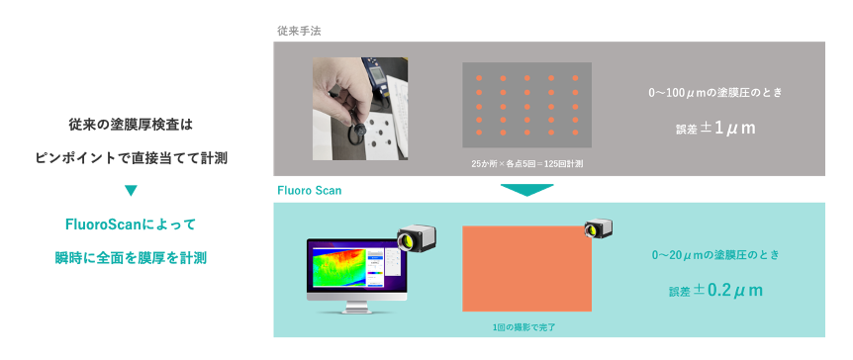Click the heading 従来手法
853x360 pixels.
[299, 31]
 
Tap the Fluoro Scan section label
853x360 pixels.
[310, 191]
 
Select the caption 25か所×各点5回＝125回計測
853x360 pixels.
[527, 163]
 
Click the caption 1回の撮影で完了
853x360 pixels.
[523, 327]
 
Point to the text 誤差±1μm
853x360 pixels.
[715, 129]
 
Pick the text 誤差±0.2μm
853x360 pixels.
[715, 290]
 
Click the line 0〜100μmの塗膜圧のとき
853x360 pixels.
[715, 93]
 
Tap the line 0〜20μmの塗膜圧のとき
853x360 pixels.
[715, 254]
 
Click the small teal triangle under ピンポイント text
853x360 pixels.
[131, 190]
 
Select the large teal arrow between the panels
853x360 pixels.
[526, 190]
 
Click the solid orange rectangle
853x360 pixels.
[527, 269]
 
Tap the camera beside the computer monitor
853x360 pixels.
[417, 235]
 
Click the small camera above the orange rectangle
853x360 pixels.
[599, 227]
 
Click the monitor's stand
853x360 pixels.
[356, 308]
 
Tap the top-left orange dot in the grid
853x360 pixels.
[479, 78]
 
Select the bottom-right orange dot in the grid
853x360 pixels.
[576, 133]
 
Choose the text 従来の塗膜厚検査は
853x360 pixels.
[131, 126]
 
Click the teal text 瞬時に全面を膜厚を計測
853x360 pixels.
[131, 257]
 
